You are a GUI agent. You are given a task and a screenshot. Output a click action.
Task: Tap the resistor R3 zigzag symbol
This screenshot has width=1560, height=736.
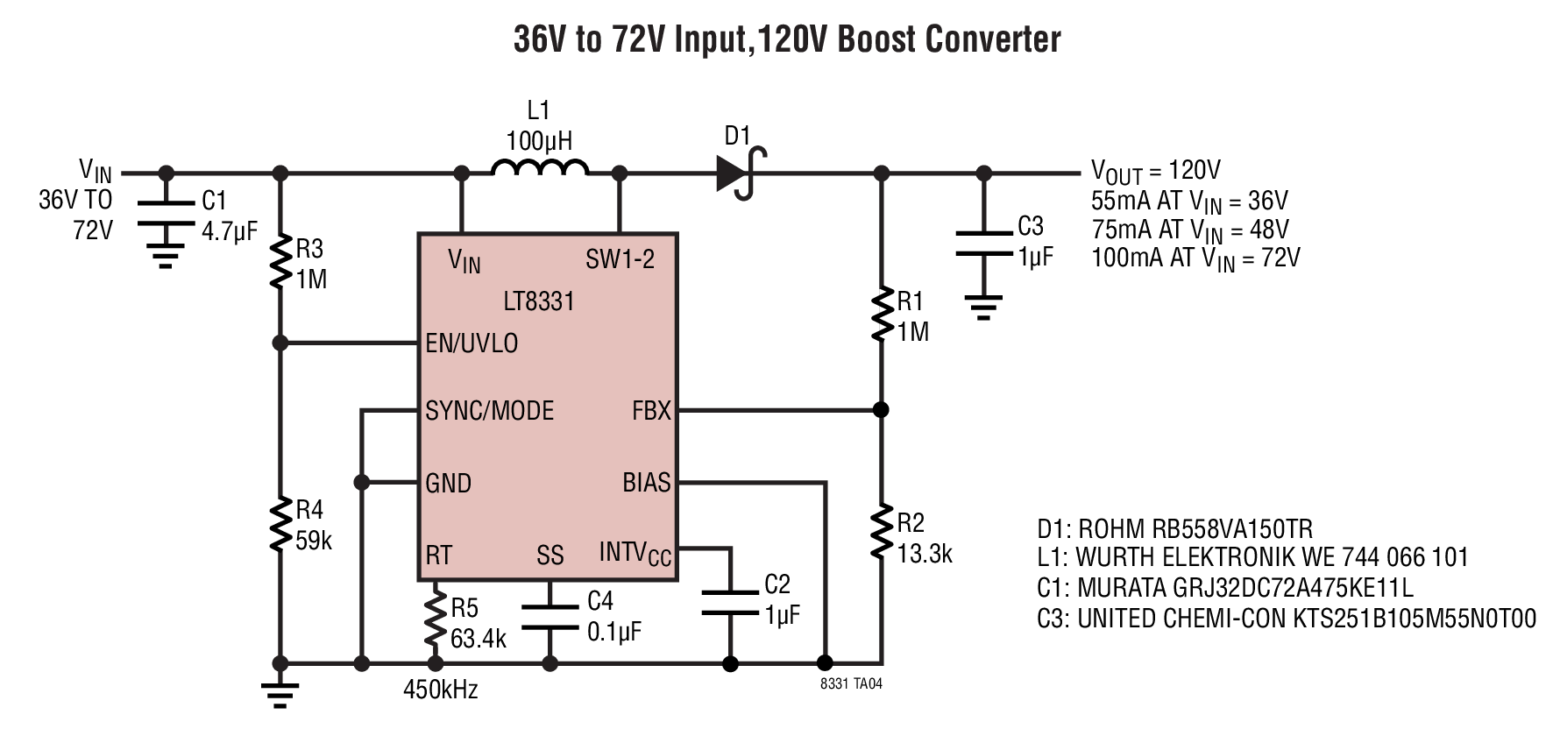[280, 261]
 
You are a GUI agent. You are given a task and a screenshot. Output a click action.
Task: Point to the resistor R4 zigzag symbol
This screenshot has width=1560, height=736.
[280, 523]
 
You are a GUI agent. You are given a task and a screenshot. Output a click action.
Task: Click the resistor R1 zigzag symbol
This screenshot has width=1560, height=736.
[882, 315]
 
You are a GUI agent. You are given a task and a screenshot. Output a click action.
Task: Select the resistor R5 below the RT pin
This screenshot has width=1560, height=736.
[435, 620]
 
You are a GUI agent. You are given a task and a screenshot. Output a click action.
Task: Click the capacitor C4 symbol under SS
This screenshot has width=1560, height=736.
[550, 616]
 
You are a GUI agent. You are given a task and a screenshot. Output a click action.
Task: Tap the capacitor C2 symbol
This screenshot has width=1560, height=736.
[731, 605]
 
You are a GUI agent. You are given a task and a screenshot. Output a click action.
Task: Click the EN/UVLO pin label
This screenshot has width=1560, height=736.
[472, 343]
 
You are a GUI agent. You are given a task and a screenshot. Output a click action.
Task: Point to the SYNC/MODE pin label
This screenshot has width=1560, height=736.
[490, 411]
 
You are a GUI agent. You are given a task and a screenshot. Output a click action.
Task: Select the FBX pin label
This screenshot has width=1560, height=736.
[651, 411]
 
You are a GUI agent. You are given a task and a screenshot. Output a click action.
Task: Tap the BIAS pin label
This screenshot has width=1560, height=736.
[647, 483]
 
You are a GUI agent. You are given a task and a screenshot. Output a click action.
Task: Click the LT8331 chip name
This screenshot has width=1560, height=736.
[539, 301]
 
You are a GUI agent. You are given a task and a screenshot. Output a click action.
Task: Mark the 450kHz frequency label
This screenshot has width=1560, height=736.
[441, 690]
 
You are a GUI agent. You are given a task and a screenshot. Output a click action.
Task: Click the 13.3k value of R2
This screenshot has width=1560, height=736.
[925, 554]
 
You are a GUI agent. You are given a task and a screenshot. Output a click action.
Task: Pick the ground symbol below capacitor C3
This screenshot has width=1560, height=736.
[983, 307]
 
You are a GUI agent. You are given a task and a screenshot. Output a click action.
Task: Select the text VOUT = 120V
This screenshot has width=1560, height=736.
[1156, 172]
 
